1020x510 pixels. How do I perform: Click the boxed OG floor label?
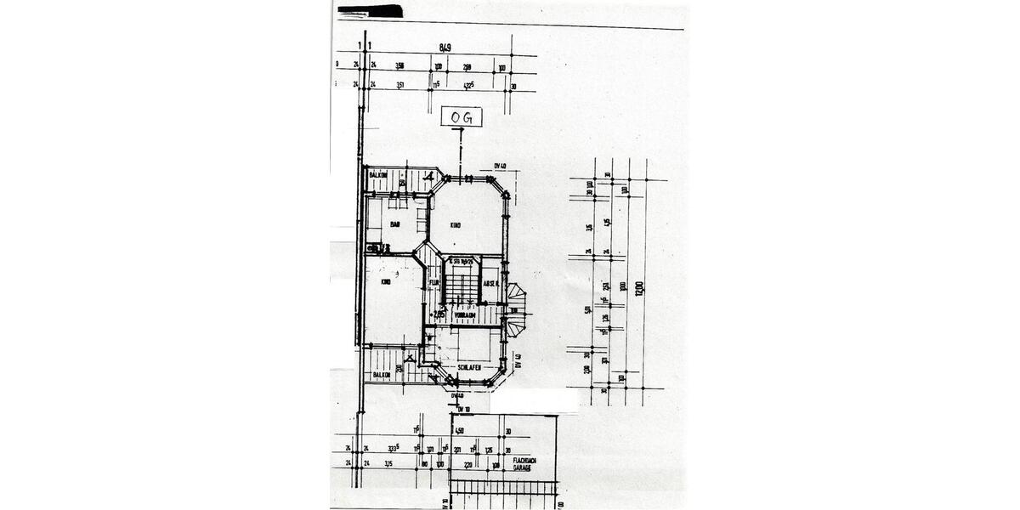point(462,116)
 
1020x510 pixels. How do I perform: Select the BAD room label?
point(395,224)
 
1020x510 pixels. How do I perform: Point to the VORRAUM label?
point(464,314)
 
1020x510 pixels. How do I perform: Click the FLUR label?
point(433,281)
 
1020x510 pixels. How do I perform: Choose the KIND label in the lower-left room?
point(386,282)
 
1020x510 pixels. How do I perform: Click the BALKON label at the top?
point(379,174)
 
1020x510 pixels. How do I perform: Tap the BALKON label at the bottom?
point(381,374)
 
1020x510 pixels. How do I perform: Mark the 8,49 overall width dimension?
point(445,48)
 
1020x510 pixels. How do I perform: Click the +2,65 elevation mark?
point(436,314)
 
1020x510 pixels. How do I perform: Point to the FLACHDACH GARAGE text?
point(522,464)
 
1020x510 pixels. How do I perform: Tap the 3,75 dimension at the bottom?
point(388,464)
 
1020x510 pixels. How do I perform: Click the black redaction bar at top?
point(372,12)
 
